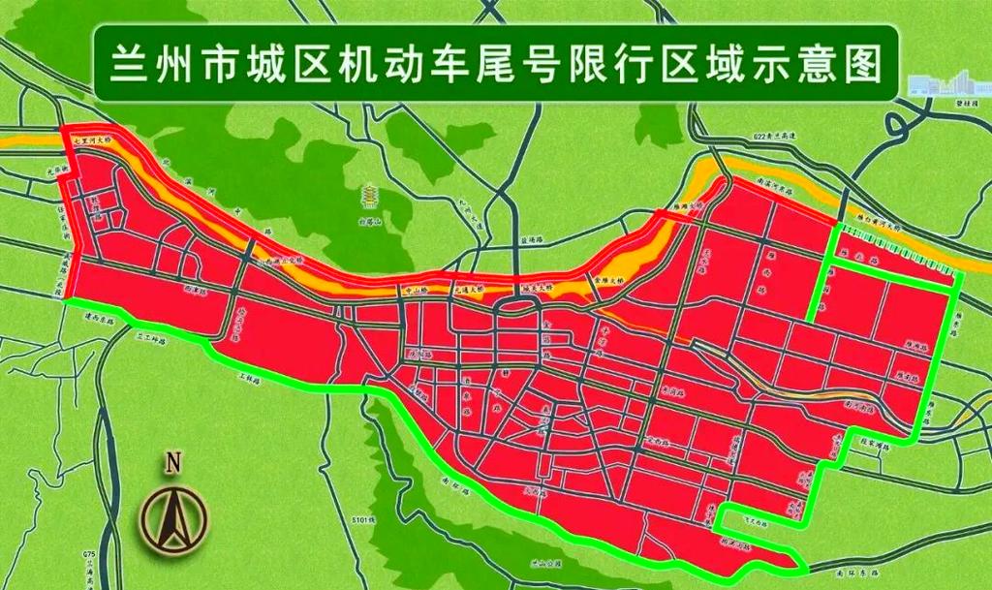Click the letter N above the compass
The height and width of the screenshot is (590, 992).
coord(174,463)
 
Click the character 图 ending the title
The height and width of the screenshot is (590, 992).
coord(865,64)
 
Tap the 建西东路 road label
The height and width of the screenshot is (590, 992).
coord(98,317)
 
